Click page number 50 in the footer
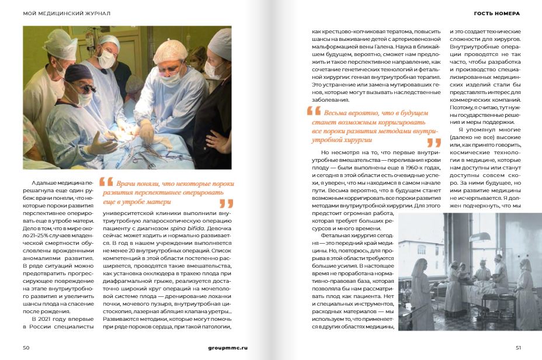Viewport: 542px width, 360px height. click(x=26, y=347)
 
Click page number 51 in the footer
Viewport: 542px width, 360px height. click(x=517, y=347)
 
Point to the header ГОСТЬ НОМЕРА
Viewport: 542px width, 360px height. click(x=496, y=13)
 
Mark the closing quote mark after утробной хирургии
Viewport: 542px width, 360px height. click(x=433, y=142)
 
